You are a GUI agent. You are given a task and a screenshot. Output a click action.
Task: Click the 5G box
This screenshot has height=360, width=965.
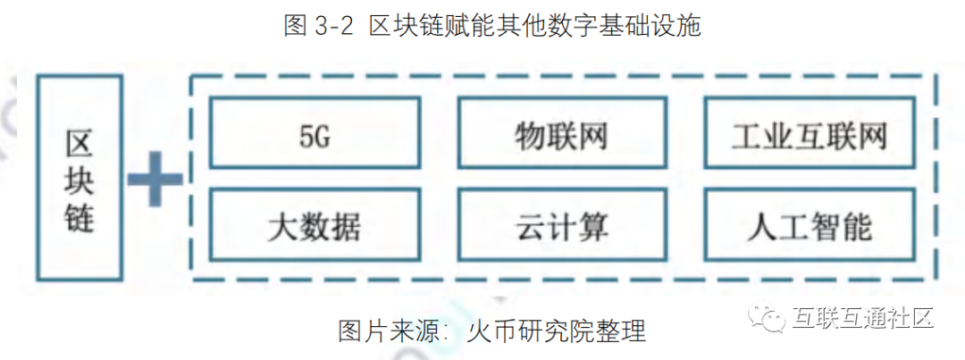[314, 135]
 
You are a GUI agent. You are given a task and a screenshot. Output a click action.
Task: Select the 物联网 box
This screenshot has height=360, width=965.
[562, 135]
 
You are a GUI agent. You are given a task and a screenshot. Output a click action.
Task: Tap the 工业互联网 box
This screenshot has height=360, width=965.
[810, 135]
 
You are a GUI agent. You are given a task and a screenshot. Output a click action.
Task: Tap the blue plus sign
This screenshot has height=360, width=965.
[154, 179]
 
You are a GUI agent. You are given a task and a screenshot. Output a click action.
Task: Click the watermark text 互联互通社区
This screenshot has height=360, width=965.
[861, 317]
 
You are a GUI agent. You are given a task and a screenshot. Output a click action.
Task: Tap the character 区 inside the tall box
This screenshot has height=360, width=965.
[80, 140]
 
